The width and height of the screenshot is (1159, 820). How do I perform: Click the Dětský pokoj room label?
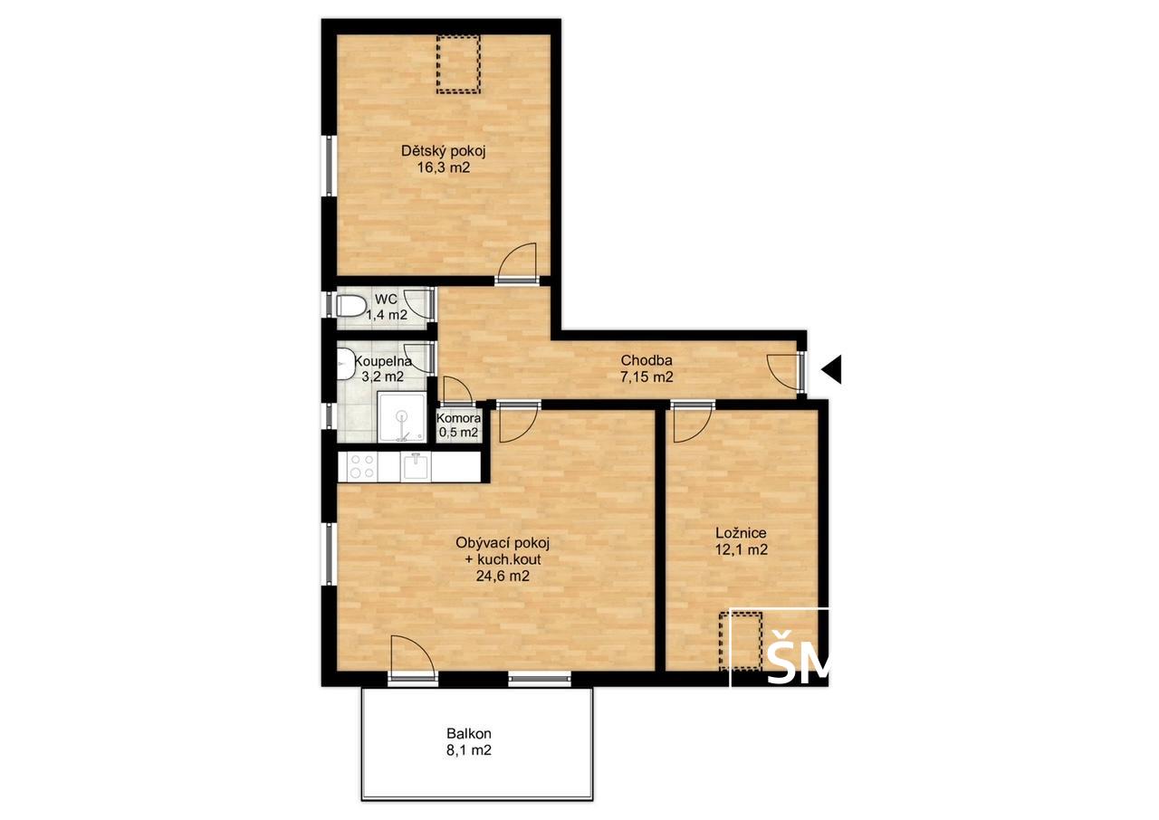pyautogui.click(x=444, y=151)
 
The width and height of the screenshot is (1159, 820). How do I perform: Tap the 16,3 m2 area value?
pyautogui.click(x=444, y=168)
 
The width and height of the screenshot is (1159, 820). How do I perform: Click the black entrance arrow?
pyautogui.click(x=831, y=369)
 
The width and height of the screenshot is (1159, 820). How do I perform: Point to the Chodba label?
pyautogui.click(x=647, y=360)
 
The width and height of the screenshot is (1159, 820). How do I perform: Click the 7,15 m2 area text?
pyautogui.click(x=647, y=377)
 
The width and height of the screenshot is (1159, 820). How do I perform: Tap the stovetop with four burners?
pyautogui.click(x=361, y=466)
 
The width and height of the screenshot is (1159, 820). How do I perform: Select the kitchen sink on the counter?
pyautogui.click(x=416, y=466)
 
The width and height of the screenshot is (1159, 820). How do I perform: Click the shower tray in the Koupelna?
pyautogui.click(x=402, y=417)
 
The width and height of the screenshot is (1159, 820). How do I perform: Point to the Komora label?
pyautogui.click(x=458, y=418)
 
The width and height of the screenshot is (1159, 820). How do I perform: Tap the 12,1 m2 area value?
pyautogui.click(x=741, y=549)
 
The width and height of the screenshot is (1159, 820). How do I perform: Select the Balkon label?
pyautogui.click(x=469, y=733)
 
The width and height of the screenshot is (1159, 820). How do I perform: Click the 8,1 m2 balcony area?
pyautogui.click(x=469, y=749)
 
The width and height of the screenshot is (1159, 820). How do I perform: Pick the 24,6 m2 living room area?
pyautogui.click(x=503, y=576)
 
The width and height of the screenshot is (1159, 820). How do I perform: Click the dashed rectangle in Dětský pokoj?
pyautogui.click(x=458, y=64)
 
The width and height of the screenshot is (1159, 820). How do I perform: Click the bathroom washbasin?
pyautogui.click(x=344, y=364)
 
